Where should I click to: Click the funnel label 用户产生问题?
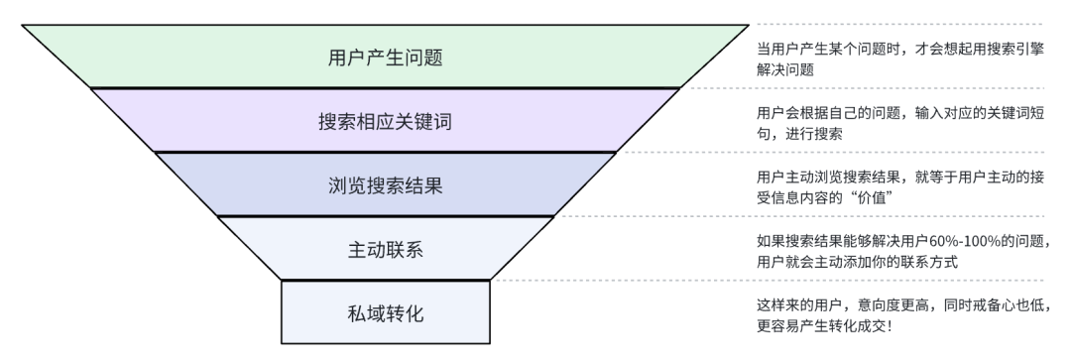click(x=385, y=57)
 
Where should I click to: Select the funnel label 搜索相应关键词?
click(x=385, y=122)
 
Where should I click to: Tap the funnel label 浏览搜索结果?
click(x=385, y=185)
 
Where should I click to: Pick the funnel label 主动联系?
click(x=385, y=250)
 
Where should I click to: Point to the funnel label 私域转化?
click(x=385, y=314)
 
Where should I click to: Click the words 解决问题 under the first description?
click(x=785, y=69)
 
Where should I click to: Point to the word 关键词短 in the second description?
click(x=1015, y=113)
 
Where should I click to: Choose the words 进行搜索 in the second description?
click(x=814, y=134)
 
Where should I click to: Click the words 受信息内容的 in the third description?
click(x=800, y=198)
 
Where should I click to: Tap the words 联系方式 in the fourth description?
click(x=929, y=262)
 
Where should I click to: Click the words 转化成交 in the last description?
click(x=857, y=326)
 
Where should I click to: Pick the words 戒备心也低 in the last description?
click(x=1015, y=305)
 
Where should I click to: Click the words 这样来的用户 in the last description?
click(x=800, y=305)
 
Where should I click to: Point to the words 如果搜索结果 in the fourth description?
click(x=800, y=241)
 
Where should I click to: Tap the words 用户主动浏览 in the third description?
click(x=800, y=178)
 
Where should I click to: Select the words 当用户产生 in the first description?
click(x=793, y=50)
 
